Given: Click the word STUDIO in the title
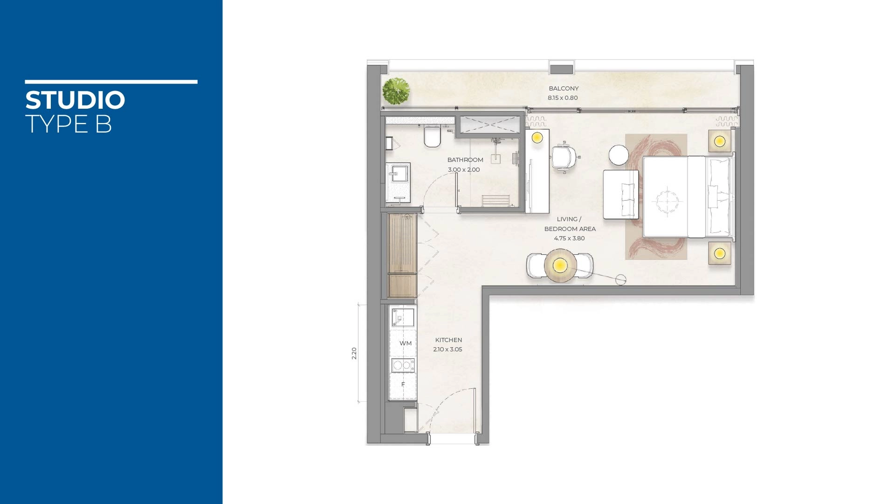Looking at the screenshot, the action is click(x=75, y=100).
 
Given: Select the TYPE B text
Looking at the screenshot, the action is click(x=69, y=124).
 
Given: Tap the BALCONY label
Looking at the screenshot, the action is click(x=564, y=88).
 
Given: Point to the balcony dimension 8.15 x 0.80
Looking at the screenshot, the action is click(x=563, y=98).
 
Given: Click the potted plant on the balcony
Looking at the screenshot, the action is click(x=396, y=91).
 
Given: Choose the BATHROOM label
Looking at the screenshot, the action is click(x=465, y=160).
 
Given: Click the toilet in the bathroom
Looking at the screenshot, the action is click(x=432, y=137).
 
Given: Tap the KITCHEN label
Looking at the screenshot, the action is click(x=448, y=340).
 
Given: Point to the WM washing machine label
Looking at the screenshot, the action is click(x=406, y=343).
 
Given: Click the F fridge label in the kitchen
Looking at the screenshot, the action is click(x=403, y=385).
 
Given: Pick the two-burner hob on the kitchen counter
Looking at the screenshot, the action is click(x=403, y=365).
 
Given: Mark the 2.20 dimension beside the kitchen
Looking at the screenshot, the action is click(x=354, y=353).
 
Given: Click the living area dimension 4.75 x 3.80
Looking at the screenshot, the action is click(x=569, y=238).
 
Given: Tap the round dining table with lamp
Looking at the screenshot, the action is click(x=560, y=266).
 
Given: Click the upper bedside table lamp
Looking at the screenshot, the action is click(x=720, y=140).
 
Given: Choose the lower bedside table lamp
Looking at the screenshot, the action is click(x=720, y=253).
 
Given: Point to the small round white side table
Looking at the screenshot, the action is click(x=619, y=155).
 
